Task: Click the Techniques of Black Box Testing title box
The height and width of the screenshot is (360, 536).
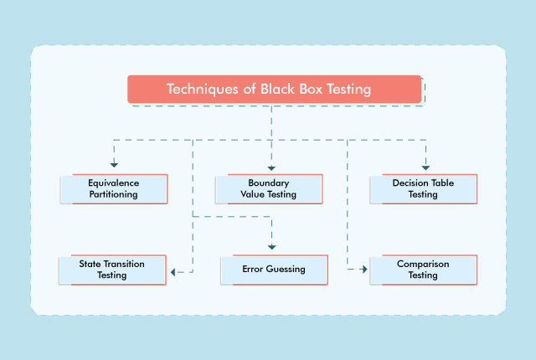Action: (x=268, y=89)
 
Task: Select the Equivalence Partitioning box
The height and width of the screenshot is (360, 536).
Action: (x=114, y=188)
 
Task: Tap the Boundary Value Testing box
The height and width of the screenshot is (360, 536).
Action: (x=269, y=188)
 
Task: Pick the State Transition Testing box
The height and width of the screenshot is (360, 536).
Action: (x=112, y=270)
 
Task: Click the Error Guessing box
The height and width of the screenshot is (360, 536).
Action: (x=274, y=270)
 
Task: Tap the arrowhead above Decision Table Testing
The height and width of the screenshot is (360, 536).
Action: (x=425, y=163)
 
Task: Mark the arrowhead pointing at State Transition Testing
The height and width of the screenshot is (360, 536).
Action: (x=173, y=271)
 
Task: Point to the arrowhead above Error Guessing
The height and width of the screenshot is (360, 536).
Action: (x=271, y=246)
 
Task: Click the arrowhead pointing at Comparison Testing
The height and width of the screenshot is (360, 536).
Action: (x=364, y=270)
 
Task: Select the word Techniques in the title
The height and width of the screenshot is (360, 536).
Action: (x=198, y=89)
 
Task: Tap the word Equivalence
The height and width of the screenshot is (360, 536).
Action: (x=114, y=183)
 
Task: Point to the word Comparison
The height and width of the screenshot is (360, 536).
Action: (x=423, y=264)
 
